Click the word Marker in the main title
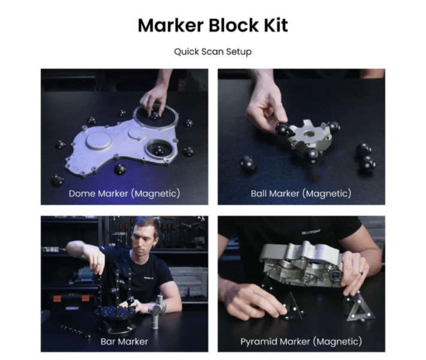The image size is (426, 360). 171,25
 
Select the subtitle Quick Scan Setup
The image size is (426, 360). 213,52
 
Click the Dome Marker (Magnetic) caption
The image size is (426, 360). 124,193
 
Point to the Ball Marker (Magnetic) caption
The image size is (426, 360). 301,193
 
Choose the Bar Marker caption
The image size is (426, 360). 124,341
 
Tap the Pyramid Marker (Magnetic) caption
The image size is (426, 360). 301,341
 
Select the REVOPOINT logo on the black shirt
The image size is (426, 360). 311,232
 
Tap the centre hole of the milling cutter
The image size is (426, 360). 309,134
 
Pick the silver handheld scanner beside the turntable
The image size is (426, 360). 158,311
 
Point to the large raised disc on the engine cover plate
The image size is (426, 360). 98,140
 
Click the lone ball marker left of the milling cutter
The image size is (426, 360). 248,163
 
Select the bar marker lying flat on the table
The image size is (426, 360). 76,331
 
